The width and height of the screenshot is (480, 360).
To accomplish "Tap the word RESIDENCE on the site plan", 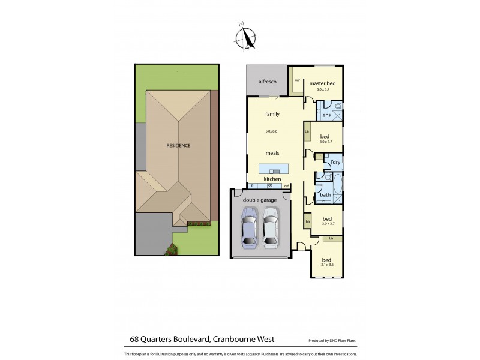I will (178, 146).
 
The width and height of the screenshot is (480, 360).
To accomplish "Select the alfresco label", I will (266, 82).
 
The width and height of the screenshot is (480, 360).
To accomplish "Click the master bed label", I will (322, 83).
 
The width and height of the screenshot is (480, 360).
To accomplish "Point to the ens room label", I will (326, 114).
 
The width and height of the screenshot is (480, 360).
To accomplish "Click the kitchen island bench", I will (273, 168).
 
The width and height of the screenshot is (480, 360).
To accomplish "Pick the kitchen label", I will (273, 179).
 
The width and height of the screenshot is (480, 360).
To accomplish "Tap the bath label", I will (325, 194).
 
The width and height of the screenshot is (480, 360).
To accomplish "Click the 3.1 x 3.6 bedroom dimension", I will (327, 263).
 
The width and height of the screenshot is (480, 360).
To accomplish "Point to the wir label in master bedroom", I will (297, 79).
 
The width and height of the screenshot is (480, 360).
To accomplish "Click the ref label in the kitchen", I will (286, 186).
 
